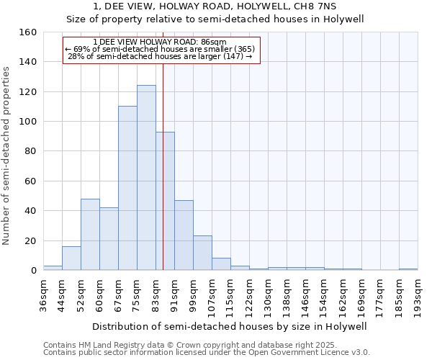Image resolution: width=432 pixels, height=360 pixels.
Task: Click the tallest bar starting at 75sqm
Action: pyautogui.click(x=146, y=178)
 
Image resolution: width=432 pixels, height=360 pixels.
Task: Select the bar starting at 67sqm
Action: pyautogui.click(x=127, y=189)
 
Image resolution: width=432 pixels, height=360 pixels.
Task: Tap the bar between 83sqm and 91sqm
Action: pyautogui.click(x=165, y=201)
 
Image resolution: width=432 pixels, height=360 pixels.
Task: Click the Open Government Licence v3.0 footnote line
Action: pyautogui.click(x=207, y=353)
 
